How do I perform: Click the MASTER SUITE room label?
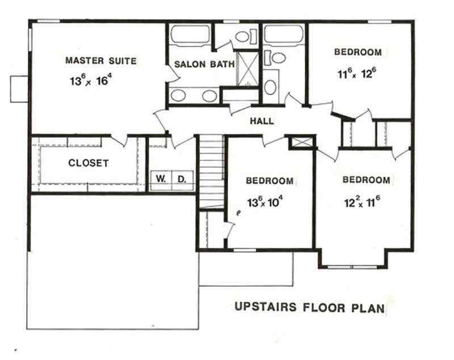coord(100,60)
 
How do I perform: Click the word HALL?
coord(262,121)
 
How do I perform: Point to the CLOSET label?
coord(88,163)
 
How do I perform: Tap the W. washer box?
coord(161,180)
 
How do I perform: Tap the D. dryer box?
coord(182,180)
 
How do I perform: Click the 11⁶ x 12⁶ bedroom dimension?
coord(357,73)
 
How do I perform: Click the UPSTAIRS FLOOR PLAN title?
coord(310,308)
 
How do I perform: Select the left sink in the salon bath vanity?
coord(178,95)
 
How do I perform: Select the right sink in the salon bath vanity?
coord(209,95)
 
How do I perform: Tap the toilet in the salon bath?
coord(243,37)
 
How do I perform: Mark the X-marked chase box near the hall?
coord(301,142)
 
